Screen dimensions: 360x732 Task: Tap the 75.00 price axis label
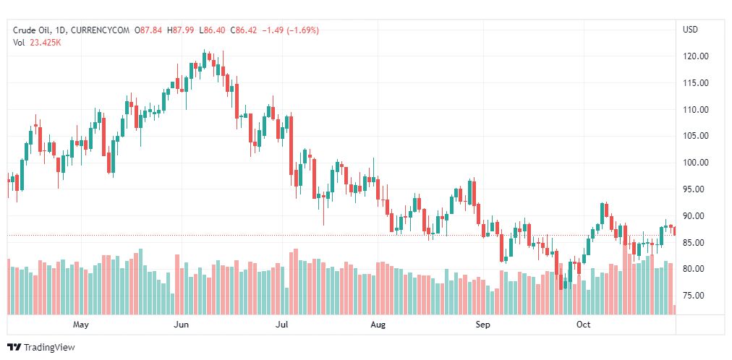pyautogui.click(x=696, y=296)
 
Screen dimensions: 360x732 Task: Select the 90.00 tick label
pyautogui.click(x=696, y=216)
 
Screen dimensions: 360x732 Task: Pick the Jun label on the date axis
pyautogui.click(x=182, y=325)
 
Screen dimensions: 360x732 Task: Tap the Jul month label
pyautogui.click(x=283, y=325)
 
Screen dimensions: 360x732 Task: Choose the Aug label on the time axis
pyautogui.click(x=378, y=325)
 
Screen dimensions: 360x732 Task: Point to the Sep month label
pyautogui.click(x=482, y=325)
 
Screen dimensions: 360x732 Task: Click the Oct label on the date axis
pyautogui.click(x=583, y=325)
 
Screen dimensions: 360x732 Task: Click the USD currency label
pyautogui.click(x=690, y=30)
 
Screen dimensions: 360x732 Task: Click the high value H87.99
pyautogui.click(x=182, y=30)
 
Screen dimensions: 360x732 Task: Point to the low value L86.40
pyautogui.click(x=215, y=30)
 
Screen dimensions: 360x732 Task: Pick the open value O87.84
pyautogui.click(x=150, y=30)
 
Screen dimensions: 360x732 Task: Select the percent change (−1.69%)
pyautogui.click(x=297, y=30)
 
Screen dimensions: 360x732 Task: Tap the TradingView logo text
pyautogui.click(x=48, y=348)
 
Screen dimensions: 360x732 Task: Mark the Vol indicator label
pyautogui.click(x=19, y=43)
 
